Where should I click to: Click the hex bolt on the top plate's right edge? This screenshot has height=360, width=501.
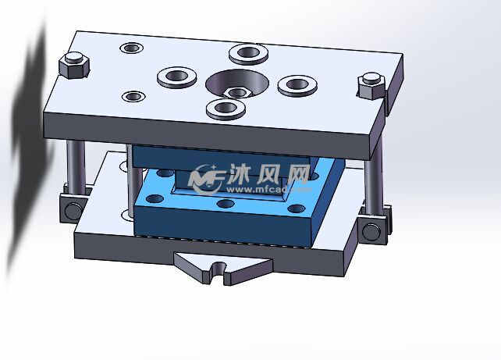tap(371, 84)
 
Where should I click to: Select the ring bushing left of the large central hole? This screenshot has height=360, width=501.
tap(178, 77)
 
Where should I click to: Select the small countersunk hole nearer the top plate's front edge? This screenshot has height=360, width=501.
tap(134, 97)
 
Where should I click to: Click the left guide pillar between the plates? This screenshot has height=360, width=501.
tap(75, 168)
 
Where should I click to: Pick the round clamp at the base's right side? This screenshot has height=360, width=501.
tap(370, 230)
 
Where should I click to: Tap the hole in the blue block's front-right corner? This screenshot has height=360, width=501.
tap(297, 208)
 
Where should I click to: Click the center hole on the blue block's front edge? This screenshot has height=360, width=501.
tap(226, 204)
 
